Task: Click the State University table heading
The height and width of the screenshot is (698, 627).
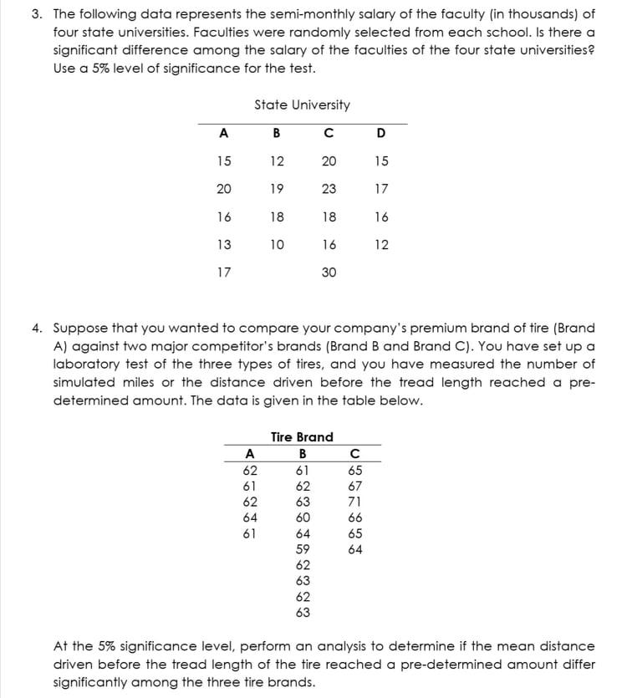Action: tap(302, 104)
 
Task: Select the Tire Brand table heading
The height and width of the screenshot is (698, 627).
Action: tap(302, 436)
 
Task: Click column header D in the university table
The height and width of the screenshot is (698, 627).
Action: tap(381, 132)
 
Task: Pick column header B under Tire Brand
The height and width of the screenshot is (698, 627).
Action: tap(302, 454)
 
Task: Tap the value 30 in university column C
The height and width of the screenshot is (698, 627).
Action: tap(329, 272)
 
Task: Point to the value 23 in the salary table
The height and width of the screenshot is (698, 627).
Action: tap(329, 189)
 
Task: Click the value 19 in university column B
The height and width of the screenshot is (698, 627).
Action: tap(277, 189)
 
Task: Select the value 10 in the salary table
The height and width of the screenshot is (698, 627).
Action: tap(277, 244)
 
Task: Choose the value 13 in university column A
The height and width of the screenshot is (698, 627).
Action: tap(223, 244)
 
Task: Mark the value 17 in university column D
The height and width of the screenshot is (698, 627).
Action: tap(381, 189)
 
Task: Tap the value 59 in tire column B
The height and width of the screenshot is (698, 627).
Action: tap(303, 549)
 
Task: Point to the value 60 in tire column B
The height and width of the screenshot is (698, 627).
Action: tap(303, 517)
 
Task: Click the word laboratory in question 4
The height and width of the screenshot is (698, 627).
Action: tap(87, 364)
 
